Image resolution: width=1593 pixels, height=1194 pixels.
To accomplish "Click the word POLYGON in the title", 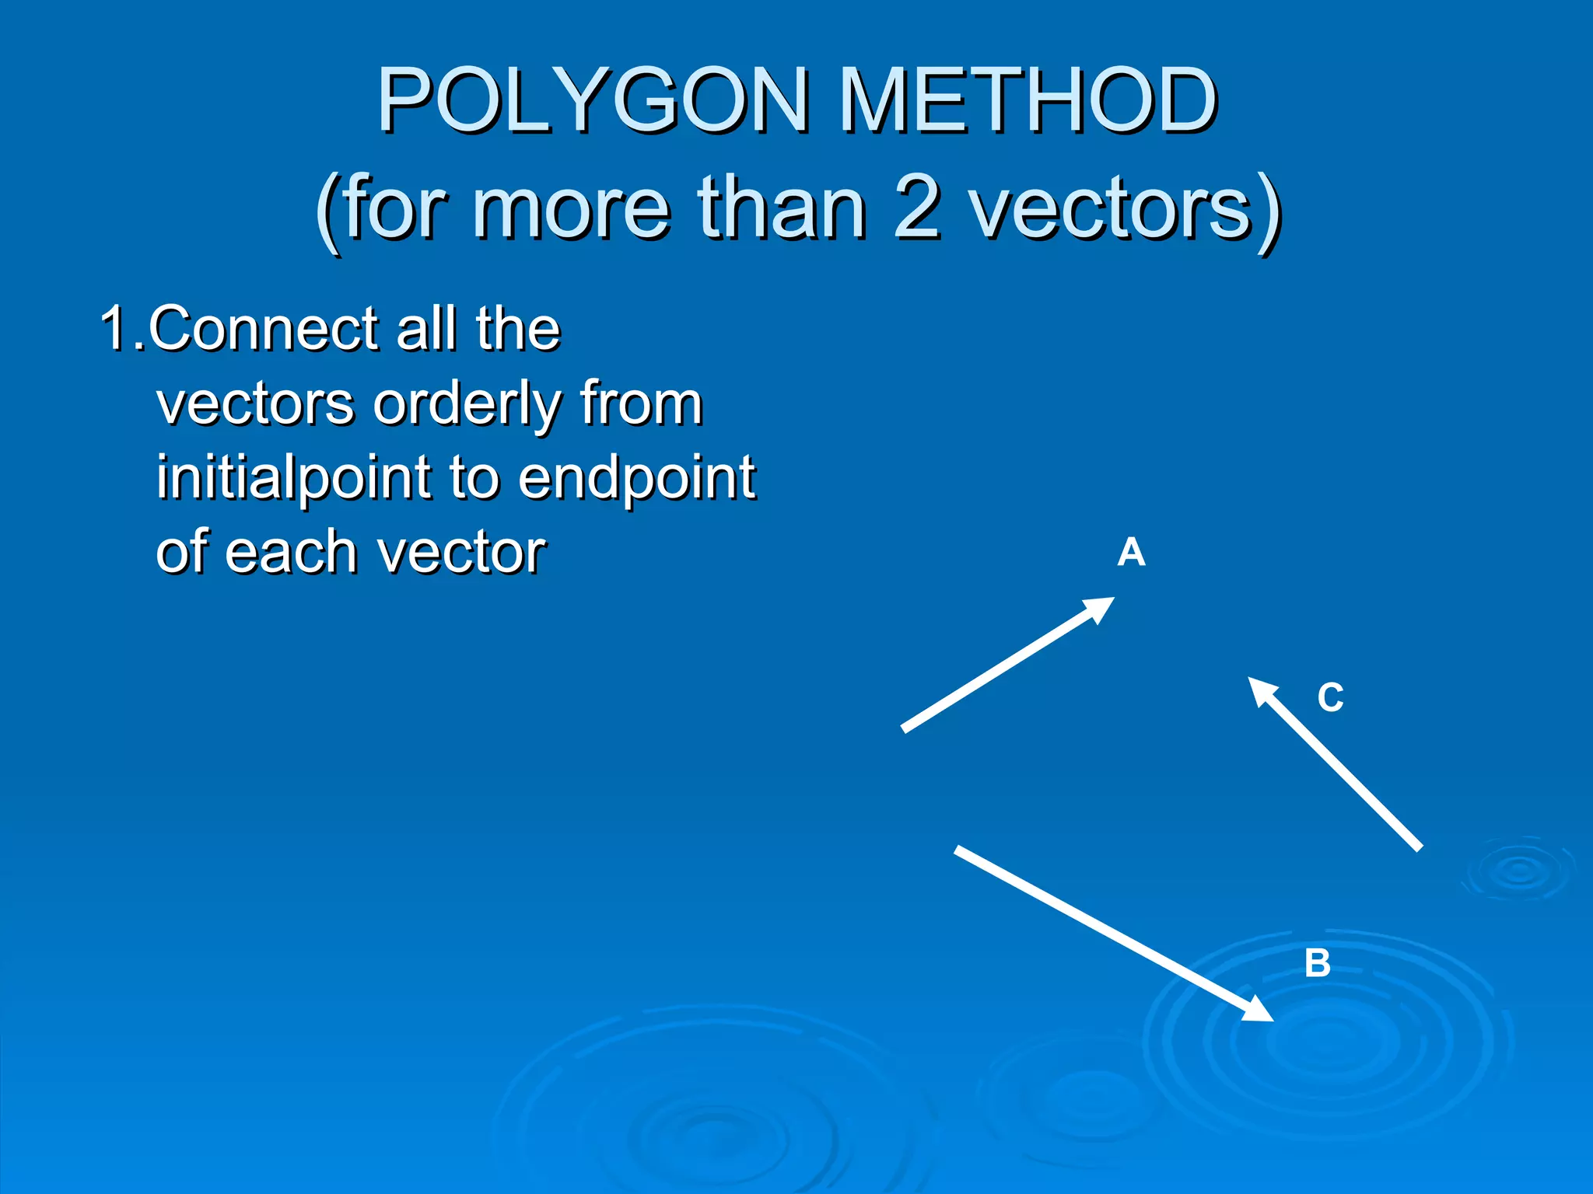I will [x=593, y=101].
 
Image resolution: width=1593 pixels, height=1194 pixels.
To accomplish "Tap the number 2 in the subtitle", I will [x=917, y=208].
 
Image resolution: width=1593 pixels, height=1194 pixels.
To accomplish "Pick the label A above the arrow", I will [x=1131, y=553].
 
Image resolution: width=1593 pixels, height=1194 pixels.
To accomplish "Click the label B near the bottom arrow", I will [x=1317, y=963].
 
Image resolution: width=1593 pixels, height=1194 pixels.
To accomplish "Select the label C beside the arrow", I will [x=1330, y=697].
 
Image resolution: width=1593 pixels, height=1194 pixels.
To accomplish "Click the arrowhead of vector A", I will [x=1103, y=606].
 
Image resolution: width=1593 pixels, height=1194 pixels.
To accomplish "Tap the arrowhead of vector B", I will [x=1260, y=1013].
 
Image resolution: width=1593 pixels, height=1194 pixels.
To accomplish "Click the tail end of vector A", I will [x=905, y=728].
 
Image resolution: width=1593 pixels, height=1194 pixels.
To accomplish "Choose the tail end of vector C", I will [x=1419, y=847].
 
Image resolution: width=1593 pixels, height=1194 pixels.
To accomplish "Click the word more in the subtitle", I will [x=571, y=210].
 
